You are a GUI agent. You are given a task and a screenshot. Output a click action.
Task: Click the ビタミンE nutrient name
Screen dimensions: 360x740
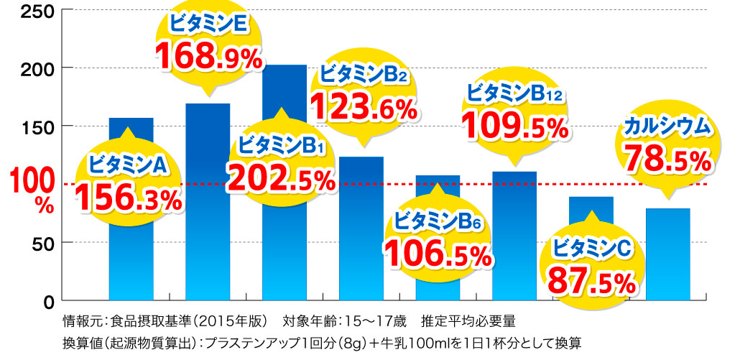pyautogui.click(x=208, y=24)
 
